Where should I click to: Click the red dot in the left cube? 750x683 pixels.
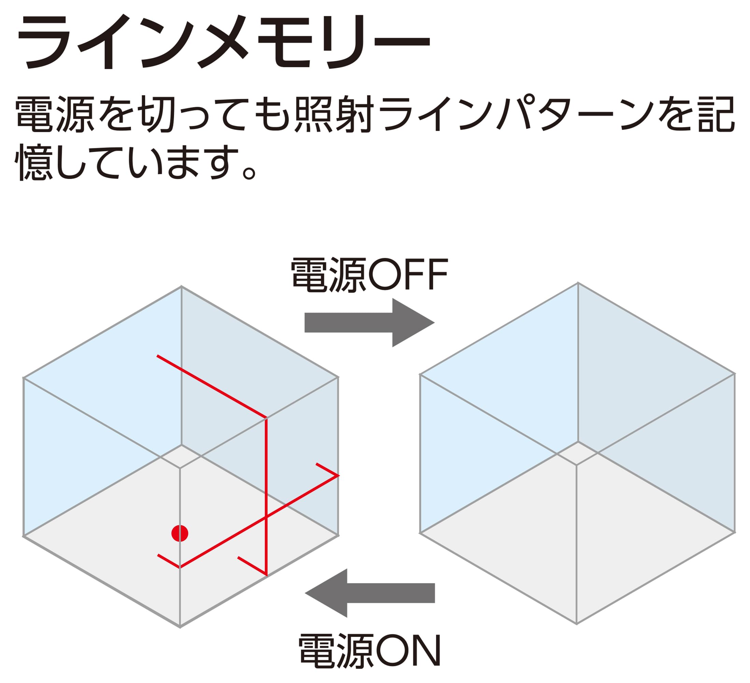180,533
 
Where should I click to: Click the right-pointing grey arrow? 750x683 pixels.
369,323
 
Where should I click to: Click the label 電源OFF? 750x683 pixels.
369,274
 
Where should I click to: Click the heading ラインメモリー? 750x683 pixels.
223,42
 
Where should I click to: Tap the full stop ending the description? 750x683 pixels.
249,173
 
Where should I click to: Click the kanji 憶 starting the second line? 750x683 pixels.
34,162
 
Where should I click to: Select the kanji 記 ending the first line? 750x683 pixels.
716,114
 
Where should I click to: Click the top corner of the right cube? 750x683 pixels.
578,283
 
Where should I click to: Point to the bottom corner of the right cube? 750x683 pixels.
577,624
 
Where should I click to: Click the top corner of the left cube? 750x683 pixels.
181,286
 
